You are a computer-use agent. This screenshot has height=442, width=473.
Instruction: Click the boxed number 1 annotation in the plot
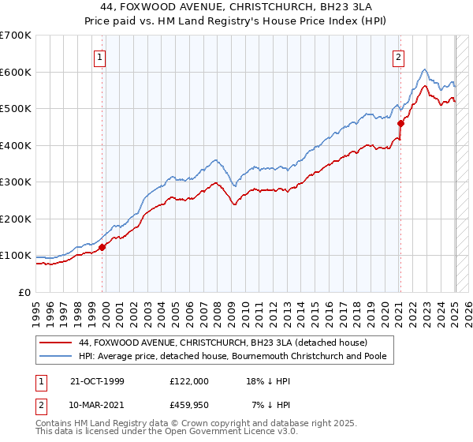(101, 56)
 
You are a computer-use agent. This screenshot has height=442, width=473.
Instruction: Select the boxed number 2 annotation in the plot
(399, 56)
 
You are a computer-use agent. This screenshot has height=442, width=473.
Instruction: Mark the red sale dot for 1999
(102, 247)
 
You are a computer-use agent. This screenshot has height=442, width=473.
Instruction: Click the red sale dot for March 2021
(400, 123)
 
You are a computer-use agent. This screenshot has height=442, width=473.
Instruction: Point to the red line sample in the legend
(56, 343)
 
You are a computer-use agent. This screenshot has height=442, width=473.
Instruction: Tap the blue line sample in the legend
(56, 356)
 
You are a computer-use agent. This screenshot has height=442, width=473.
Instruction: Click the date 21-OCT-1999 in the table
(98, 381)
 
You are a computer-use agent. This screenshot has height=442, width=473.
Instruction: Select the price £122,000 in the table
(189, 381)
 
